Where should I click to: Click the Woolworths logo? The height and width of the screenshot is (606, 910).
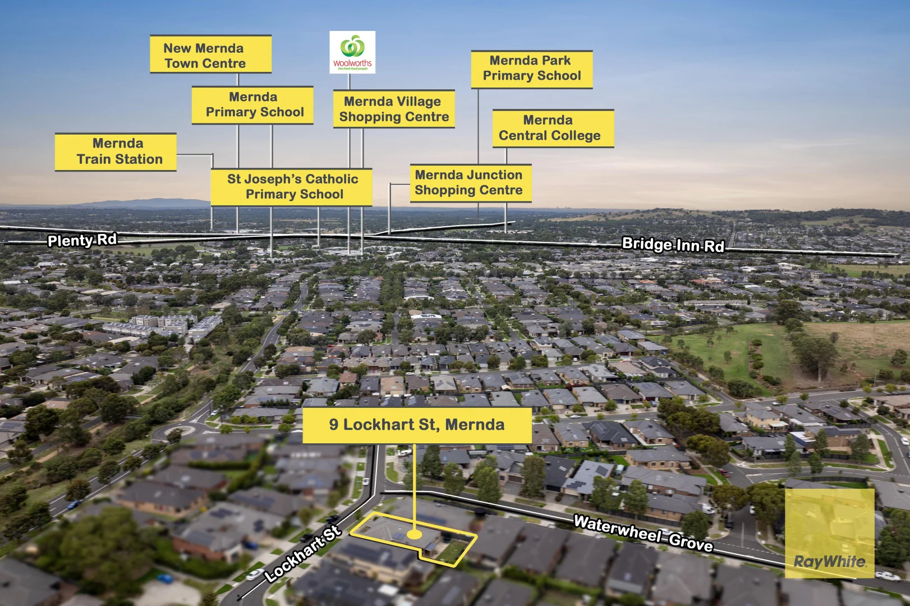(x=352, y=52)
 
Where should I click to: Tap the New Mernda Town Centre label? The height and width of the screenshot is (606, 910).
(x=210, y=54)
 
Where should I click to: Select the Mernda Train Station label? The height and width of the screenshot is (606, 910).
(x=116, y=151)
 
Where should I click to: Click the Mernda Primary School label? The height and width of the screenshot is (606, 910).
(x=252, y=105)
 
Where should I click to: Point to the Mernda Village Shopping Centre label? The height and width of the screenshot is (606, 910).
(x=393, y=109)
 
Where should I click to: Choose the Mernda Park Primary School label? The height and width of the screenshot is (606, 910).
(x=531, y=69)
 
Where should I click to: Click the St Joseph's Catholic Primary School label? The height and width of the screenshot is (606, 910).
(x=291, y=187)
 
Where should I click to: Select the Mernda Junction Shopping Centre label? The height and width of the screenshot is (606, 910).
(x=470, y=183)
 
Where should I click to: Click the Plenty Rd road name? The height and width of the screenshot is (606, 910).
(x=82, y=240)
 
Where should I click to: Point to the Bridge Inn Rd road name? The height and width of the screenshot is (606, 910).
(x=673, y=245)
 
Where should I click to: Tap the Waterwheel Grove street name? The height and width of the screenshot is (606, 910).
(x=643, y=533)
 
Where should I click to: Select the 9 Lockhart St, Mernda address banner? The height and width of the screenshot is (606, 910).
(x=417, y=425)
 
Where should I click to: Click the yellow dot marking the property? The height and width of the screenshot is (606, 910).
(x=414, y=535)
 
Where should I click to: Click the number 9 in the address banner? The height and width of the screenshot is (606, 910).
(x=334, y=425)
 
